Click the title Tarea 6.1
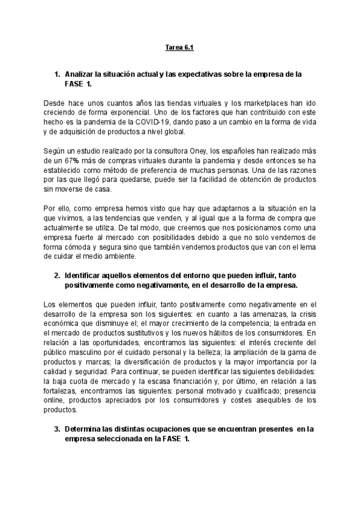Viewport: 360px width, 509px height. click(179, 47)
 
